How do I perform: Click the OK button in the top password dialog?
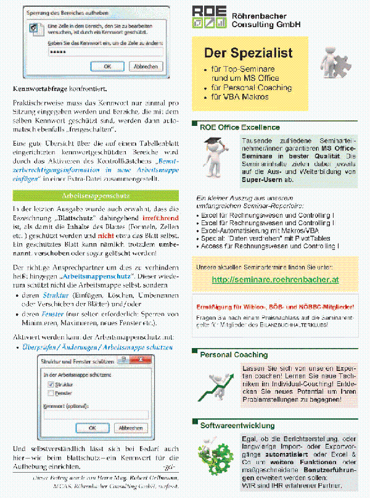(x=107, y=66)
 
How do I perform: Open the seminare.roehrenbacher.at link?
(x=274, y=280)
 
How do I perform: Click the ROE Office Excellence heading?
(x=239, y=128)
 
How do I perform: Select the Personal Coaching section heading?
(x=234, y=355)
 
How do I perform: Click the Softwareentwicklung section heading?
(x=237, y=425)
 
